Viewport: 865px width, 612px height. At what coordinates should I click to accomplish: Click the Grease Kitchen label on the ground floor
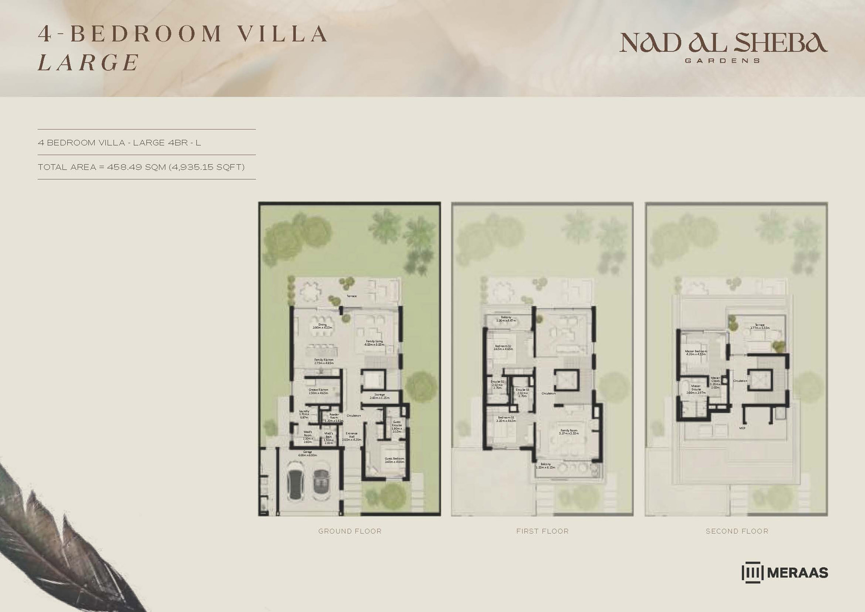pos(318,391)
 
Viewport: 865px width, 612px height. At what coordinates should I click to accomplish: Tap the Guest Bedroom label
pos(394,460)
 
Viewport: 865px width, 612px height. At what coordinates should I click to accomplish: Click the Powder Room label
pos(334,417)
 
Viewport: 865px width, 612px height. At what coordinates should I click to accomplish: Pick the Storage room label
pos(379,396)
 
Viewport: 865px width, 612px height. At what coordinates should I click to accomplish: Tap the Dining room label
pos(322,326)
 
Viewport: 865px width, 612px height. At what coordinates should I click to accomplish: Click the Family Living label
pos(374,343)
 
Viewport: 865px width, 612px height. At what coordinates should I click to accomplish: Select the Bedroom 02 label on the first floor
pos(503,348)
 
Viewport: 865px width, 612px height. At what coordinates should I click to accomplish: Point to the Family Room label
pos(569,432)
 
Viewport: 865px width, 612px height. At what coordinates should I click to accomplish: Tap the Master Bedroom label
pos(696,352)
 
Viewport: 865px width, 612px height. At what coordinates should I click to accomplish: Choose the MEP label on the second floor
pos(742,428)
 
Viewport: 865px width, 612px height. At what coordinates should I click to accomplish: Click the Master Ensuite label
pos(696,389)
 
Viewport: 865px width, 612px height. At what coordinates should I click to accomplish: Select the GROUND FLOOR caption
pos(349,531)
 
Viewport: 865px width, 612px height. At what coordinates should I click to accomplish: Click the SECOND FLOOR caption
pos(737,531)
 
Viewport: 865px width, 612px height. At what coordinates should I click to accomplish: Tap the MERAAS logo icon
pos(752,572)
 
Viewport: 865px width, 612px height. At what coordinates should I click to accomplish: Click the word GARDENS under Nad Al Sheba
pos(722,61)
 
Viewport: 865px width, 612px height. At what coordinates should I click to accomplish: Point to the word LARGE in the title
pos(88,63)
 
